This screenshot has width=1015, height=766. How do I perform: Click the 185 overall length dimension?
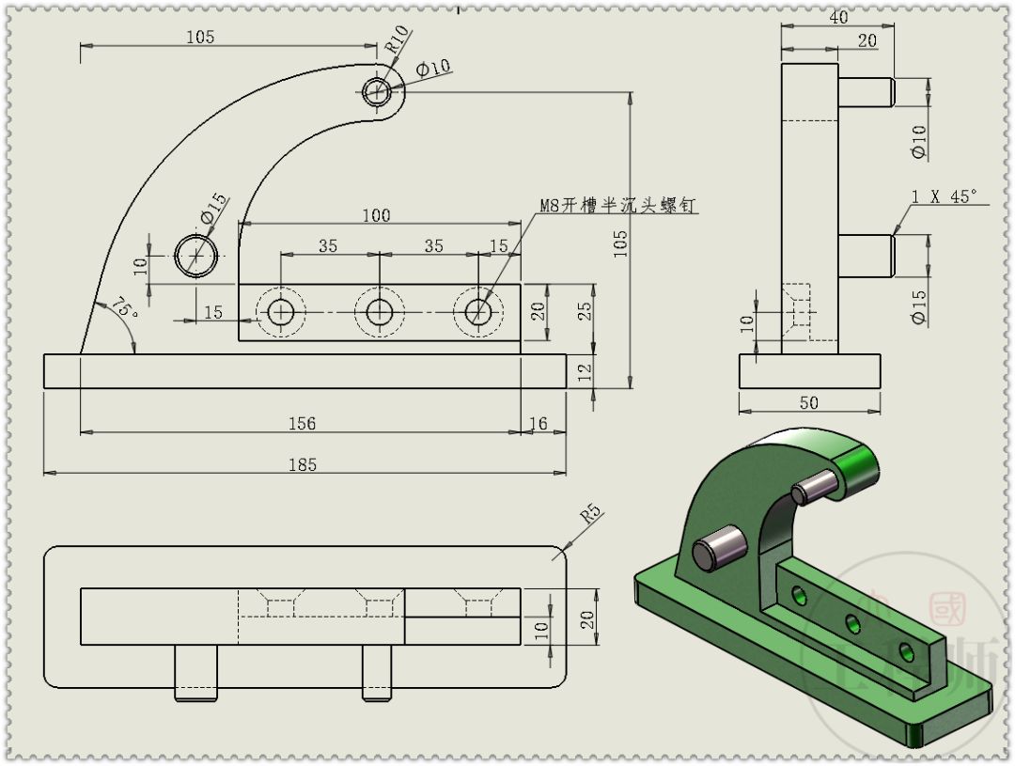[x=303, y=463]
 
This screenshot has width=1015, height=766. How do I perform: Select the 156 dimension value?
[x=302, y=423]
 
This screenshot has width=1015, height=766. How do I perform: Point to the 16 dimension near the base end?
[x=539, y=424]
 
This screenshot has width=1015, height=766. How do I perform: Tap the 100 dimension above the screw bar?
[x=376, y=215]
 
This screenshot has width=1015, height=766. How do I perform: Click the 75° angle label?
[x=124, y=307]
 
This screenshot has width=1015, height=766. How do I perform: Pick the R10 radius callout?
[x=398, y=40]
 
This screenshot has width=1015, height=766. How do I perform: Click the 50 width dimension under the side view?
[x=808, y=402]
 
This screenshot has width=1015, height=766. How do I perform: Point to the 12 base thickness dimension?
[x=586, y=371]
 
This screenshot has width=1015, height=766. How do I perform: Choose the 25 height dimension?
[x=586, y=310]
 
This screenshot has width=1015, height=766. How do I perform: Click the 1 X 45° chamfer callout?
[x=944, y=195]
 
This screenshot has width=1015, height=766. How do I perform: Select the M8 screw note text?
[x=617, y=205]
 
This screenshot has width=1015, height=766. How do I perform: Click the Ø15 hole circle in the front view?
[x=197, y=255]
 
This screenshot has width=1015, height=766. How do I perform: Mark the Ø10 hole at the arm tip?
[x=378, y=91]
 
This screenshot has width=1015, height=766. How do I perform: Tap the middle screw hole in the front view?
[x=379, y=311]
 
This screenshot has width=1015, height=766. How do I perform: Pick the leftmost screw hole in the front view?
[x=280, y=311]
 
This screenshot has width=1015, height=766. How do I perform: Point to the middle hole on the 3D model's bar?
[x=852, y=621]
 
